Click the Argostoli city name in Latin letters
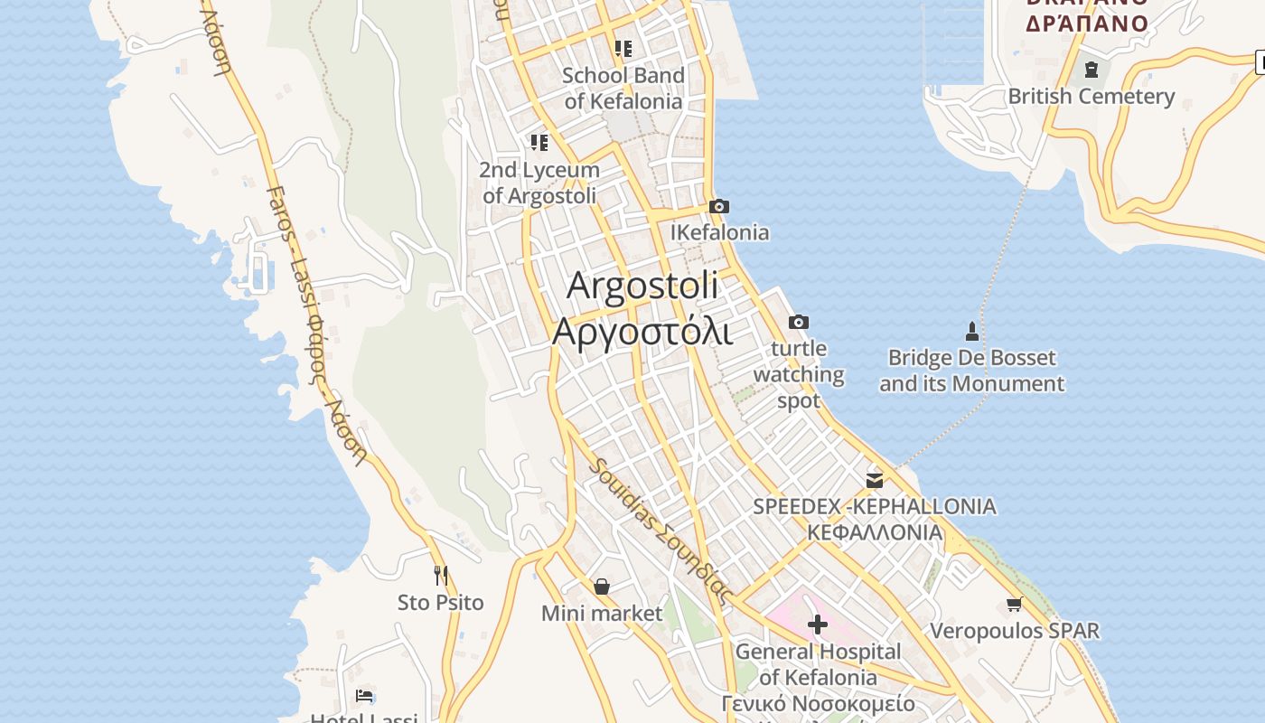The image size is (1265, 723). (642, 286)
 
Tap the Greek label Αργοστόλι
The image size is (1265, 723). (642, 331)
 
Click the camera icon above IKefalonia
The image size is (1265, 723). (719, 206)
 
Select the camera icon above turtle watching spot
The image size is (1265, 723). (799, 322)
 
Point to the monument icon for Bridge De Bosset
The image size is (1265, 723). (972, 331)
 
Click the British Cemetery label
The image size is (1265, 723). (1092, 97)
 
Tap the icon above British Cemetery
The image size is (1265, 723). (1092, 70)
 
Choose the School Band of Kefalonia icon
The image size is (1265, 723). (623, 48)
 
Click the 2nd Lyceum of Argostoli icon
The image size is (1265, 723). (539, 142)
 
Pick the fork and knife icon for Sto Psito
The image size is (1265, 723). (441, 575)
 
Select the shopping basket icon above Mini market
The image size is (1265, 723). (602, 587)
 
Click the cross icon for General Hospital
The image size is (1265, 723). (818, 624)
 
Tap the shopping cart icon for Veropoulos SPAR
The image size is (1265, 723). (1015, 604)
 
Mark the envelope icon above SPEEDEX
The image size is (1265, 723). (875, 479)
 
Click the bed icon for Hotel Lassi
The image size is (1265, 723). (364, 696)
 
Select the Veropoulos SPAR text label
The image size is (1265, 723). (1015, 631)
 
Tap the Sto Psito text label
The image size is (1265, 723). (441, 602)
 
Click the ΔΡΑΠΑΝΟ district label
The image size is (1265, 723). (1087, 23)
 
